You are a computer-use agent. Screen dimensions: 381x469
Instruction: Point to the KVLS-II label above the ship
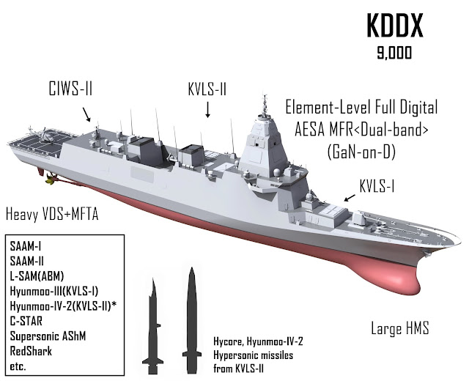tap(207, 88)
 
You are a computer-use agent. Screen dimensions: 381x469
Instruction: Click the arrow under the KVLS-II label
tap(208, 111)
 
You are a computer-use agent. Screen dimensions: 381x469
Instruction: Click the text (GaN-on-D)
tap(361, 151)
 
